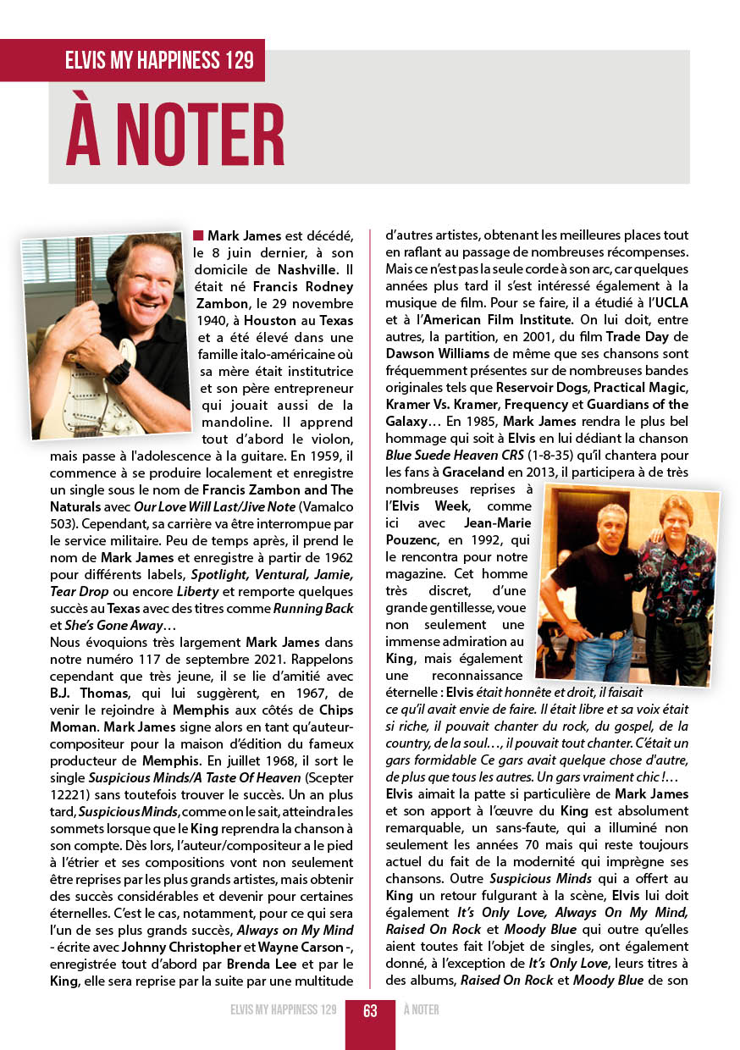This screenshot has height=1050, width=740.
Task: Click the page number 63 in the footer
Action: pyautogui.click(x=370, y=1010)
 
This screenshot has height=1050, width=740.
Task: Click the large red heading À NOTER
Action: pyautogui.click(x=175, y=134)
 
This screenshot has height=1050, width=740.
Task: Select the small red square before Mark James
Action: pyautogui.click(x=198, y=235)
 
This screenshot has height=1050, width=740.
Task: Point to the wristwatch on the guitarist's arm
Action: pyautogui.click(x=119, y=371)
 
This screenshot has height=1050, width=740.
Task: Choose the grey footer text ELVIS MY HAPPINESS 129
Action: pyautogui.click(x=283, y=1010)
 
